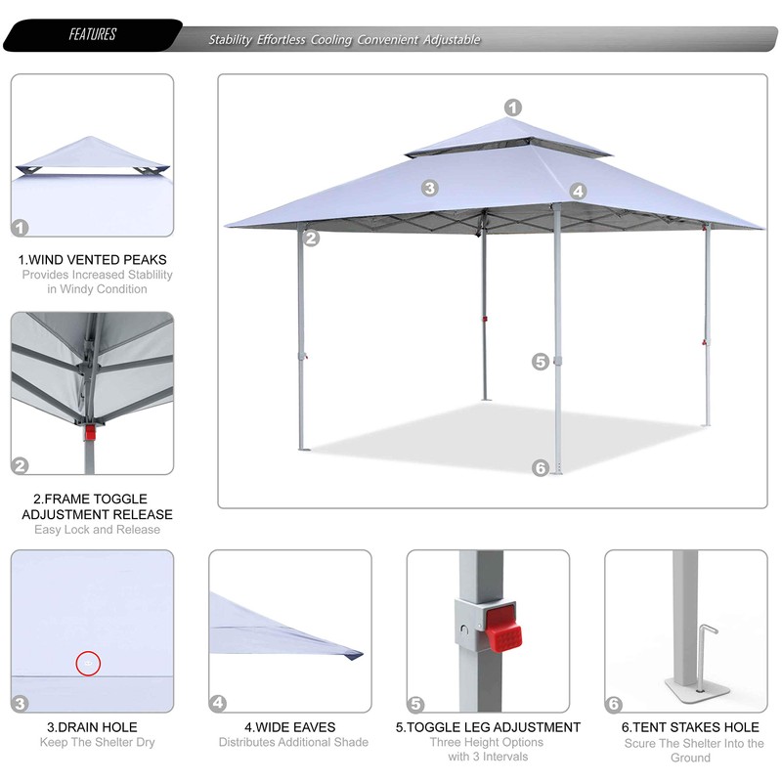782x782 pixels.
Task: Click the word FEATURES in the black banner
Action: tap(93, 35)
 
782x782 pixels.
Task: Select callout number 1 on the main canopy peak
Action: tap(513, 109)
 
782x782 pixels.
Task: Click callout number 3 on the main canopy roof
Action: tap(430, 188)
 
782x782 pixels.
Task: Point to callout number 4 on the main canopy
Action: tap(578, 192)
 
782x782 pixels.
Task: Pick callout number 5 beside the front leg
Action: tap(541, 362)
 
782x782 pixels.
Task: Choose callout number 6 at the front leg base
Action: tap(541, 468)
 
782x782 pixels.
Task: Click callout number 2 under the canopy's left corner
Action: tap(311, 237)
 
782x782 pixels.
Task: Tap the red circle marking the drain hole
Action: tap(89, 664)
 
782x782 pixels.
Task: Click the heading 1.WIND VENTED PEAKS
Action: tap(93, 260)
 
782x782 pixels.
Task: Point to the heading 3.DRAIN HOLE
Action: tap(93, 727)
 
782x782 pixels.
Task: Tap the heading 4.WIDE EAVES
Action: tap(289, 727)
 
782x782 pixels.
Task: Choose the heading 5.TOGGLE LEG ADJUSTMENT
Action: tap(488, 727)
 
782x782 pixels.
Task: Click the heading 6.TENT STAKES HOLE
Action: tap(690, 727)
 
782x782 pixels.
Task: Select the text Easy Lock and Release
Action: tap(97, 530)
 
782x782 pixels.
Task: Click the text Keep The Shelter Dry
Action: tap(98, 743)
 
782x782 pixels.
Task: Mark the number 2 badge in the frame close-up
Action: tap(21, 465)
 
